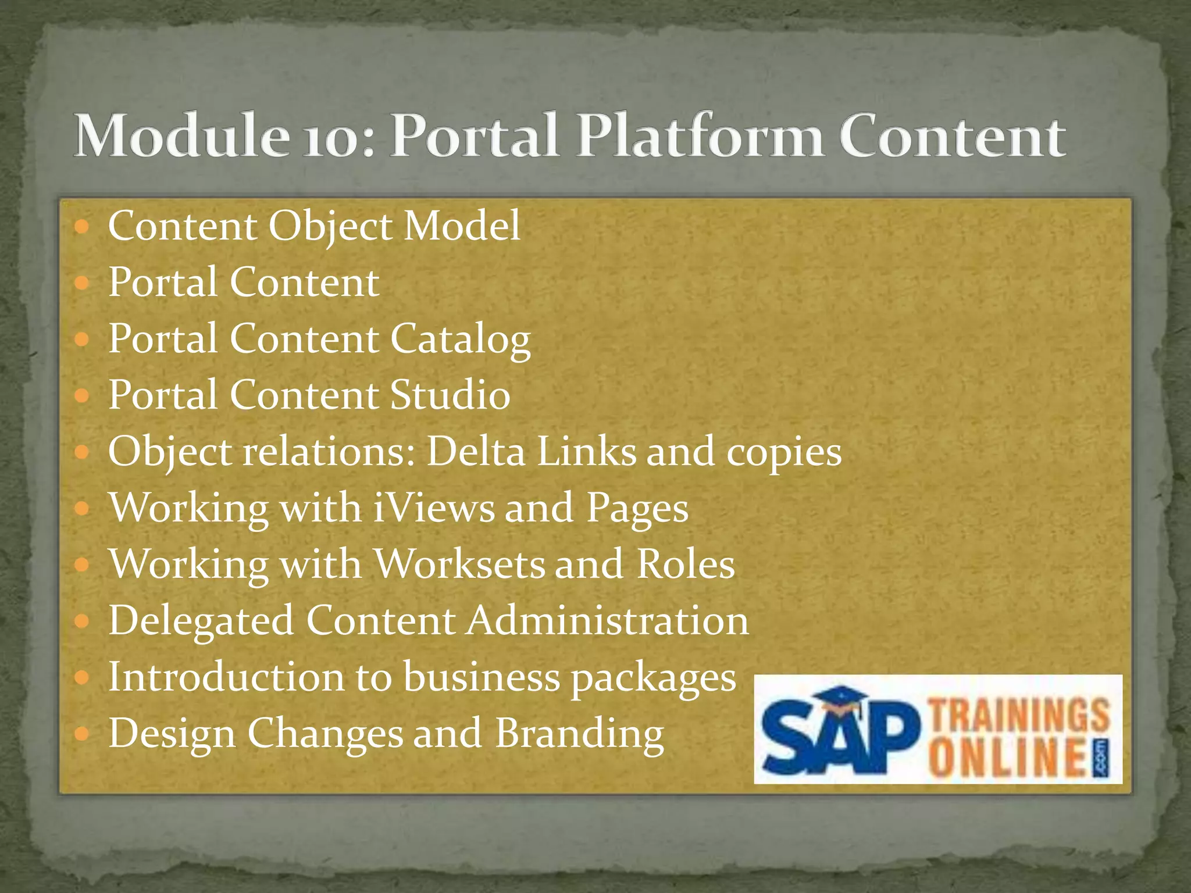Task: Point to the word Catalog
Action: pyautogui.click(x=460, y=340)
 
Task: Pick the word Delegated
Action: pyautogui.click(x=201, y=621)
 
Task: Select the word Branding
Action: pyautogui.click(x=579, y=734)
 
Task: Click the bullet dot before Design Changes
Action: pyautogui.click(x=83, y=734)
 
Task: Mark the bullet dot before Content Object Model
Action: pyautogui.click(x=83, y=227)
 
